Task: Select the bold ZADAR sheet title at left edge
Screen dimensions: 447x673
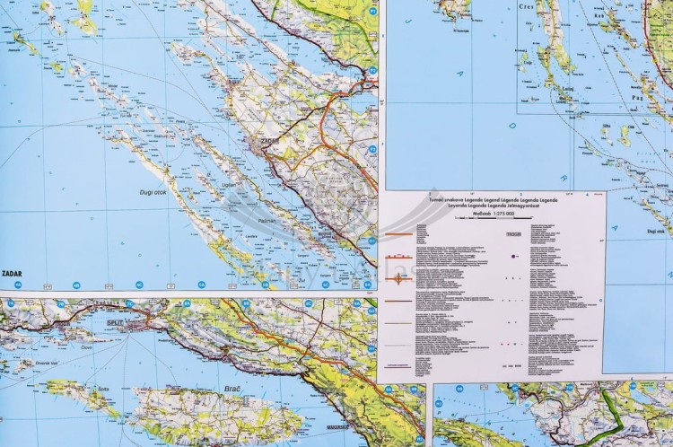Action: pyautogui.click(x=13, y=272)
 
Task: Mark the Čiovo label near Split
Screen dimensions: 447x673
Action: pyautogui.click(x=87, y=346)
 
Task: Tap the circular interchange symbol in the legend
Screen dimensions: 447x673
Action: pyautogui.click(x=399, y=278)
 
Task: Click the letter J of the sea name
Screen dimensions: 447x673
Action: pyautogui.click(x=437, y=38)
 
